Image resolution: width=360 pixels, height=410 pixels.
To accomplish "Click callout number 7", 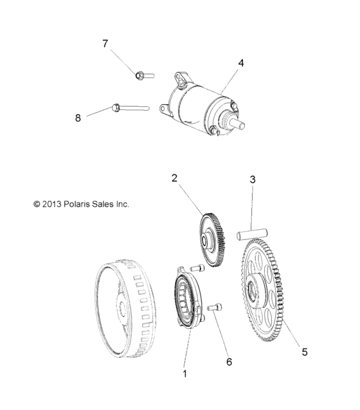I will pos(105,44).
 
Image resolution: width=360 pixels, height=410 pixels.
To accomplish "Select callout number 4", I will pos(241,63).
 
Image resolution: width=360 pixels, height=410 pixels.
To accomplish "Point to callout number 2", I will pos(174,177).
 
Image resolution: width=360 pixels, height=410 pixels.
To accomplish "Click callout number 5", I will pos(305,351).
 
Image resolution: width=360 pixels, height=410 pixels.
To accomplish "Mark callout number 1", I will pos(185,373).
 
